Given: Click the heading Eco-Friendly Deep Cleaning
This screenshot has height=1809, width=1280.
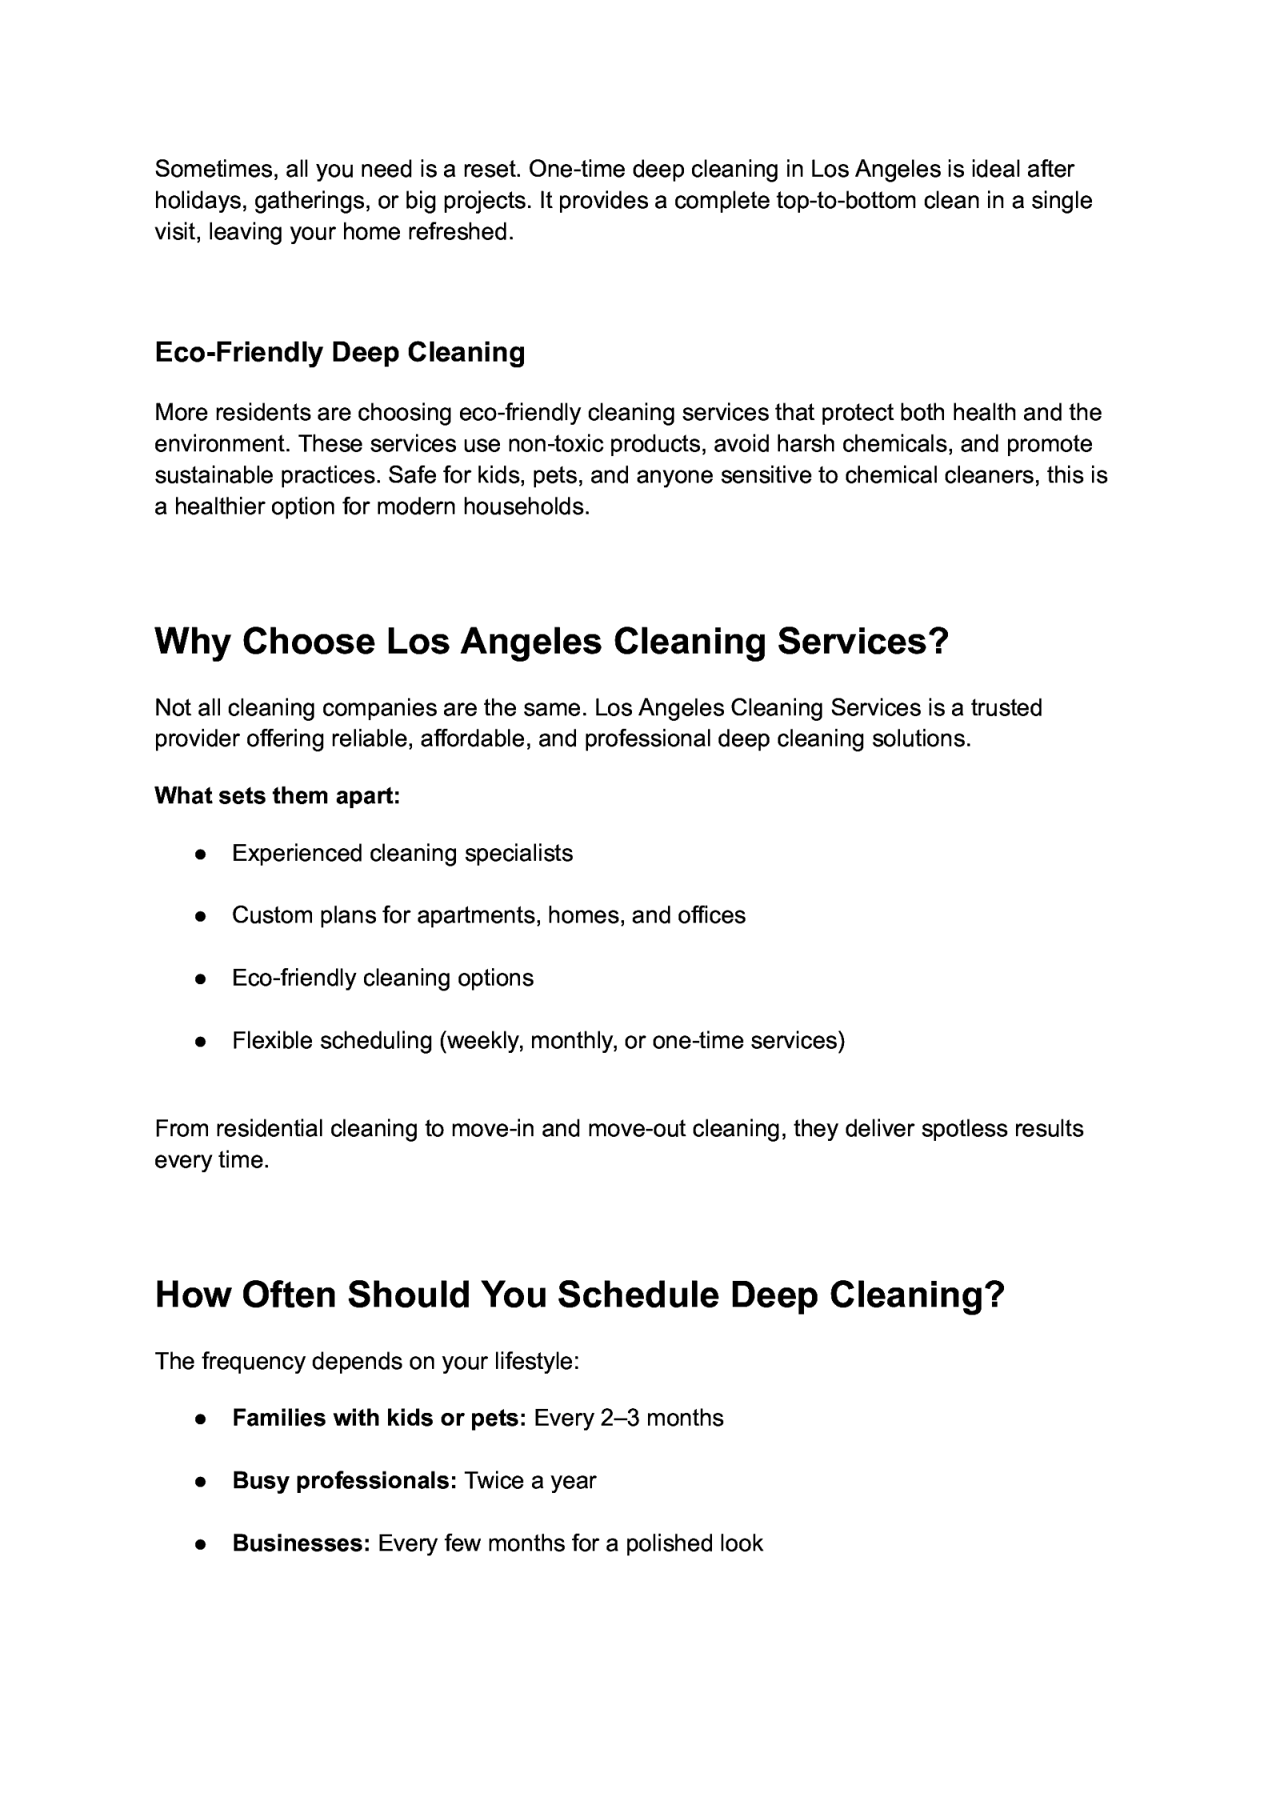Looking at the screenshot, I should pyautogui.click(x=339, y=352).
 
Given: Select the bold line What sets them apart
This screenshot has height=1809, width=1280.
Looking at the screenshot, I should pyautogui.click(x=277, y=795).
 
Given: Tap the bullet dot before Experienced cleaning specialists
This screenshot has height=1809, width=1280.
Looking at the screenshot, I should pyautogui.click(x=201, y=854).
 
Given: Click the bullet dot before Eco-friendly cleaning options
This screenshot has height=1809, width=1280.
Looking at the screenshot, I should pyautogui.click(x=201, y=979).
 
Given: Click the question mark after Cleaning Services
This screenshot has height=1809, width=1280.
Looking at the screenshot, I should pyautogui.click(x=937, y=642).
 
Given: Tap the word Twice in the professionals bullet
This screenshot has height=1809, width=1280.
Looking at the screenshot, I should pyautogui.click(x=491, y=1481).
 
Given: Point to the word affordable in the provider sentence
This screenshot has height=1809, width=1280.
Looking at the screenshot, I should pyautogui.click(x=473, y=738).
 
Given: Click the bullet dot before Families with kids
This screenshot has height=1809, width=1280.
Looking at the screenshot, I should pyautogui.click(x=201, y=1419).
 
